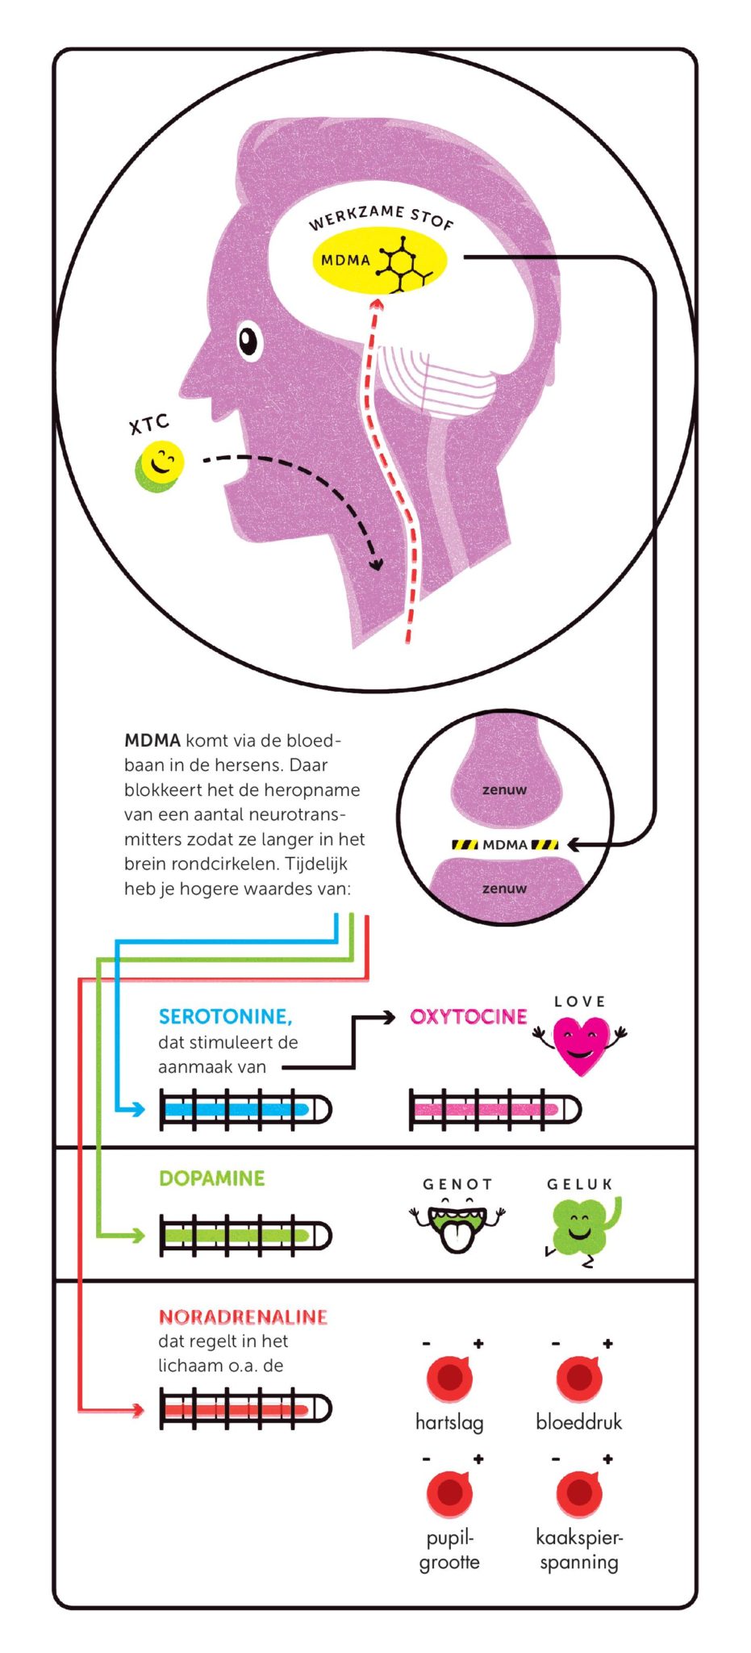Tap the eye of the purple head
coord(249,340)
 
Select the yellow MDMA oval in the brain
coord(378,261)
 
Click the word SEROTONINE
coord(225,1017)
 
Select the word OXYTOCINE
coord(469,1017)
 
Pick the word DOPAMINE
coord(212,1178)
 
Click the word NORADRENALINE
coord(243,1317)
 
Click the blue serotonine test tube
coord(245,1110)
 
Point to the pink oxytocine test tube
coord(495,1110)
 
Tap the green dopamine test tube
coord(245,1236)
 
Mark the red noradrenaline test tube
coord(245,1409)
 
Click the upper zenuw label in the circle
coord(504,790)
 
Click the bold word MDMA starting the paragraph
coord(152,740)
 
